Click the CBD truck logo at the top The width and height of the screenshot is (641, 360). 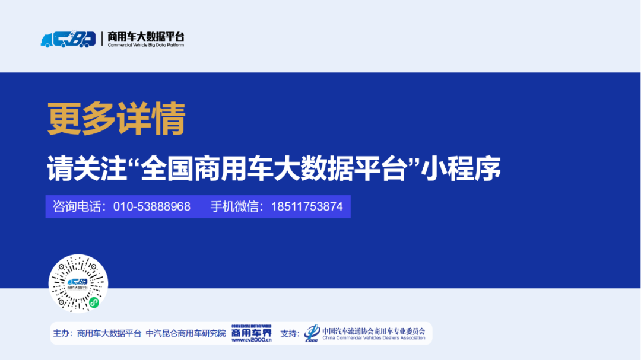click(x=68, y=39)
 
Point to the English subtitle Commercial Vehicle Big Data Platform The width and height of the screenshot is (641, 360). click(x=145, y=45)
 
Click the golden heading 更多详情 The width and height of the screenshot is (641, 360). click(x=116, y=119)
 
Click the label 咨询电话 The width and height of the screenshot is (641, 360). click(x=76, y=206)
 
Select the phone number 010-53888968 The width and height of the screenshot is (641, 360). click(x=152, y=206)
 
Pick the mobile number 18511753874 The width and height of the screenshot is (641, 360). click(x=307, y=206)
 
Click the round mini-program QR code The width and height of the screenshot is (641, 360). click(x=78, y=283)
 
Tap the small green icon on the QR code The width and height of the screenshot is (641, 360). click(x=94, y=302)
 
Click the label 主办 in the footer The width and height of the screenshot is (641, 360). click(x=62, y=334)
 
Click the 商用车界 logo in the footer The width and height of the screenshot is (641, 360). click(x=251, y=331)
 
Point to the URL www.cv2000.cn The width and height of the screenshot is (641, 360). click(x=251, y=340)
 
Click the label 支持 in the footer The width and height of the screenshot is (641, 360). click(x=289, y=334)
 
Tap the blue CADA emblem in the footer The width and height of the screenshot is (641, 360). click(x=312, y=333)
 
